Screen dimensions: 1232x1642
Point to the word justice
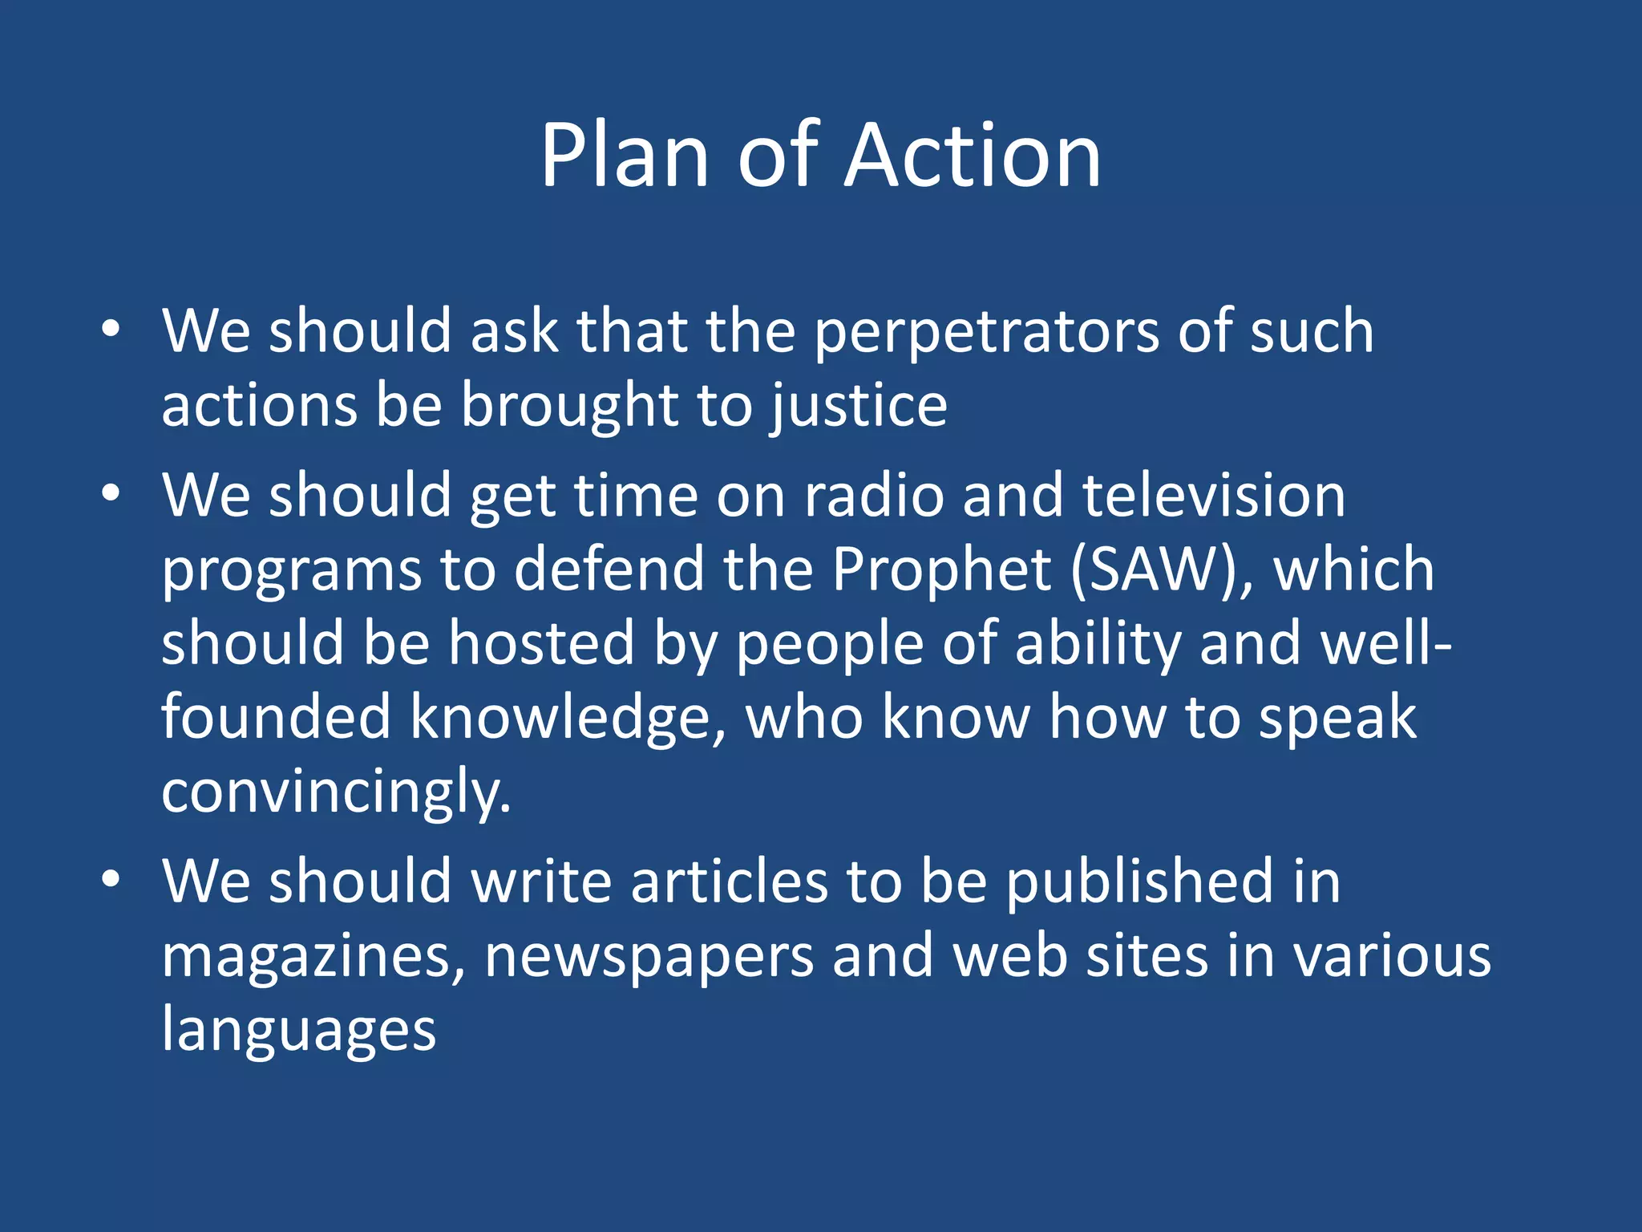[x=859, y=406]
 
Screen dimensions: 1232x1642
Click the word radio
[x=874, y=496]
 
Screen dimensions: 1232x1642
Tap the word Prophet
[x=941, y=569]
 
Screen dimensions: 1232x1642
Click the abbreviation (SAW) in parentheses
[x=1161, y=569]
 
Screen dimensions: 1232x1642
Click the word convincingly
[x=336, y=791]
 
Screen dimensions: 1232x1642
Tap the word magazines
[x=313, y=956]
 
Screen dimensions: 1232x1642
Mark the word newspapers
[x=649, y=956]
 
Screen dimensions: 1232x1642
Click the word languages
[x=299, y=1030]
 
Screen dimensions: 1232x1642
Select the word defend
[x=609, y=569]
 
